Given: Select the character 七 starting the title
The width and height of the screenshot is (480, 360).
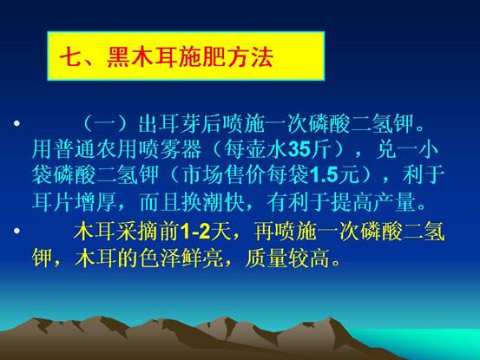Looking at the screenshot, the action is pos(70,57).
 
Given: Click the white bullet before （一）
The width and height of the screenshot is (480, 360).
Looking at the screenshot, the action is pos(17,123).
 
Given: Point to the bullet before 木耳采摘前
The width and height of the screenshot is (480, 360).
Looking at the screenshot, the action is pos(17,231).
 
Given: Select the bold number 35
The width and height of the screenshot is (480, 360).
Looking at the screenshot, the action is pos(299,149).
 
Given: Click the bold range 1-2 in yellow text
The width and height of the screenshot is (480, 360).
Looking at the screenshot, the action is pos(195,232).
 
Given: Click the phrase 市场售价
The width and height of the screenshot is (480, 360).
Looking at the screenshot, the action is pos(224,175).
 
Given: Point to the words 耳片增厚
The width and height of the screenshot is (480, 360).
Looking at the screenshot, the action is pos(75,202).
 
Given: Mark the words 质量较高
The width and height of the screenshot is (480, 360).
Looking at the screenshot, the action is pos(288,259).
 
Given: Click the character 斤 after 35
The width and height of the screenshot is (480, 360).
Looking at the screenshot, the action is pos(320,149).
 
